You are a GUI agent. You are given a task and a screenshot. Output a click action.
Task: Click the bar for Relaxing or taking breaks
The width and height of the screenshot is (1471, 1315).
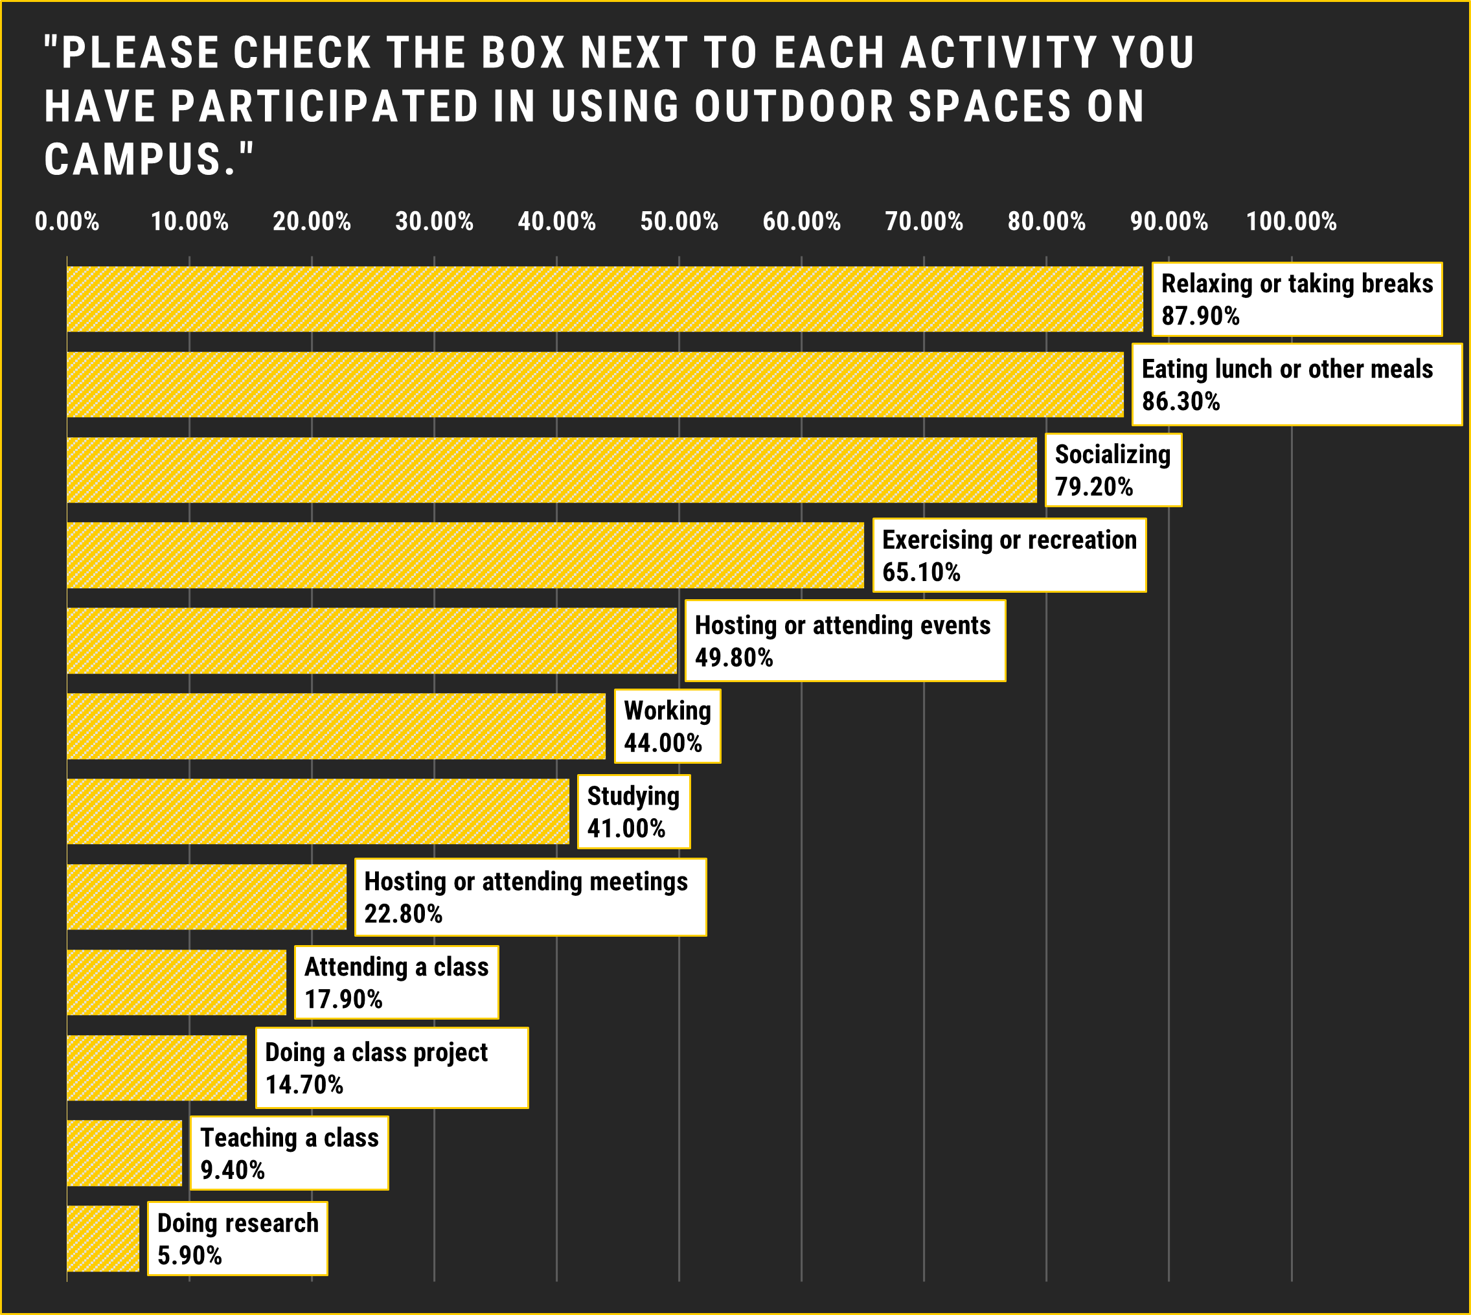605,299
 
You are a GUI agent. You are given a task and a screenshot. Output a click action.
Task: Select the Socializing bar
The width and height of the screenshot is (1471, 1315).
551,470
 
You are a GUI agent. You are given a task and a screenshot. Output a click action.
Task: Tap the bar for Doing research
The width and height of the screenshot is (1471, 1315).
102,1239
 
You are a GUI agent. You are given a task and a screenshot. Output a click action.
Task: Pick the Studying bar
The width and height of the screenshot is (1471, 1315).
318,812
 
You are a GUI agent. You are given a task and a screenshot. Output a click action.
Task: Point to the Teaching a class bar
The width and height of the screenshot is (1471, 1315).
124,1153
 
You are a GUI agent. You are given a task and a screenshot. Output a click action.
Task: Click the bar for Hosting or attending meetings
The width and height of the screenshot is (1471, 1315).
207,897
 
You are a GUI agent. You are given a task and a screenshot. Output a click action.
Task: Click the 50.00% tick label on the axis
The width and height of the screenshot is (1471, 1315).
679,221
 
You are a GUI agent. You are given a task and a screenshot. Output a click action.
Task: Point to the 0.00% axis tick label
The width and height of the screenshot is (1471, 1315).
67,221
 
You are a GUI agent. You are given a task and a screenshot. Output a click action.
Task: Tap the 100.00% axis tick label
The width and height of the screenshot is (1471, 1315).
1291,221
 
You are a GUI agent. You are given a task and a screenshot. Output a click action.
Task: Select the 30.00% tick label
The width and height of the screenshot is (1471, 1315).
434,221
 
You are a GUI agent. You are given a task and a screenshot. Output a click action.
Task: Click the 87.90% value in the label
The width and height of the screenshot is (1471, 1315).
1200,317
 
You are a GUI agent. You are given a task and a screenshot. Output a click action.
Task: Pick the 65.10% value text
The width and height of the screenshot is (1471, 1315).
921,572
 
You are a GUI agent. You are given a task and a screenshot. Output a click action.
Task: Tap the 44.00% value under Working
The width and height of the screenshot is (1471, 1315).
663,743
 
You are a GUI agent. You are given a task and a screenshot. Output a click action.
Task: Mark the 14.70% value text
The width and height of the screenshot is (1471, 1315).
304,1084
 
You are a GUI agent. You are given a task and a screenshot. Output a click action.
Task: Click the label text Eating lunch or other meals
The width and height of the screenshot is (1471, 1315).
1287,369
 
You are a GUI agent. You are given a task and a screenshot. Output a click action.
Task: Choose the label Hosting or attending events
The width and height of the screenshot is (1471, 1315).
843,625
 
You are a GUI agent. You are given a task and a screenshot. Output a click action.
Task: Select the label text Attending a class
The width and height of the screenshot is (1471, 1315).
396,966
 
